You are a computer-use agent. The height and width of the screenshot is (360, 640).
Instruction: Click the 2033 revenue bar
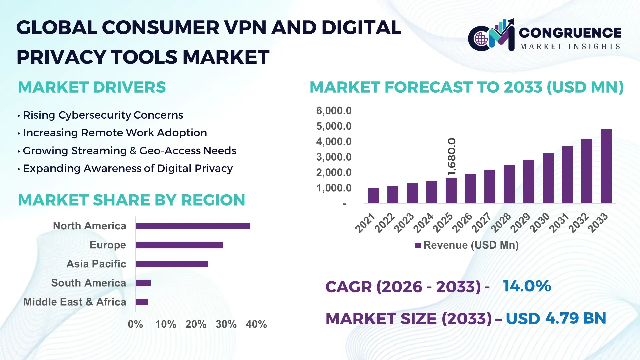606,167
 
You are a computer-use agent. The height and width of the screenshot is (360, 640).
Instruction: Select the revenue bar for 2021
373,196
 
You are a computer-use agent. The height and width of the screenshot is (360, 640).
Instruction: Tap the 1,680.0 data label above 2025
452,157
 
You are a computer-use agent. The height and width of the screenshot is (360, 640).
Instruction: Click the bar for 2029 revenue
528,182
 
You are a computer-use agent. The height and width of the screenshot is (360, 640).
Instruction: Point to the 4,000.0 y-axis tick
334,142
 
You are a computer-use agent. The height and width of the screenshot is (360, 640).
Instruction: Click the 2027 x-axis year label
481,223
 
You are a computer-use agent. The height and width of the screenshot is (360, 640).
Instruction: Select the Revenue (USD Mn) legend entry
467,245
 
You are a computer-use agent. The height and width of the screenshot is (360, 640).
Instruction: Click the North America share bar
193,226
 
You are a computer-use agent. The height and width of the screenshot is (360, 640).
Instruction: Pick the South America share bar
143,283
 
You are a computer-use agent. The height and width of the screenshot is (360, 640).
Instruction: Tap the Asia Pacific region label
96,264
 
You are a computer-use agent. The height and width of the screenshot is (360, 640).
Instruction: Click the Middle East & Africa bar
141,302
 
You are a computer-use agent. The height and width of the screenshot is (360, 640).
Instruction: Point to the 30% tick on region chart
226,324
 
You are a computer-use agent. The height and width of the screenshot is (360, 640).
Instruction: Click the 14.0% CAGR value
527,286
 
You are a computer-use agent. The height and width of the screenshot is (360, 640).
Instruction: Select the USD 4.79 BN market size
556,318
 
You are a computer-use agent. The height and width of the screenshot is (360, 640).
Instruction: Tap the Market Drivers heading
92,87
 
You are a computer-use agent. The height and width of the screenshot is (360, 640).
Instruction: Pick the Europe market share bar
179,245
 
